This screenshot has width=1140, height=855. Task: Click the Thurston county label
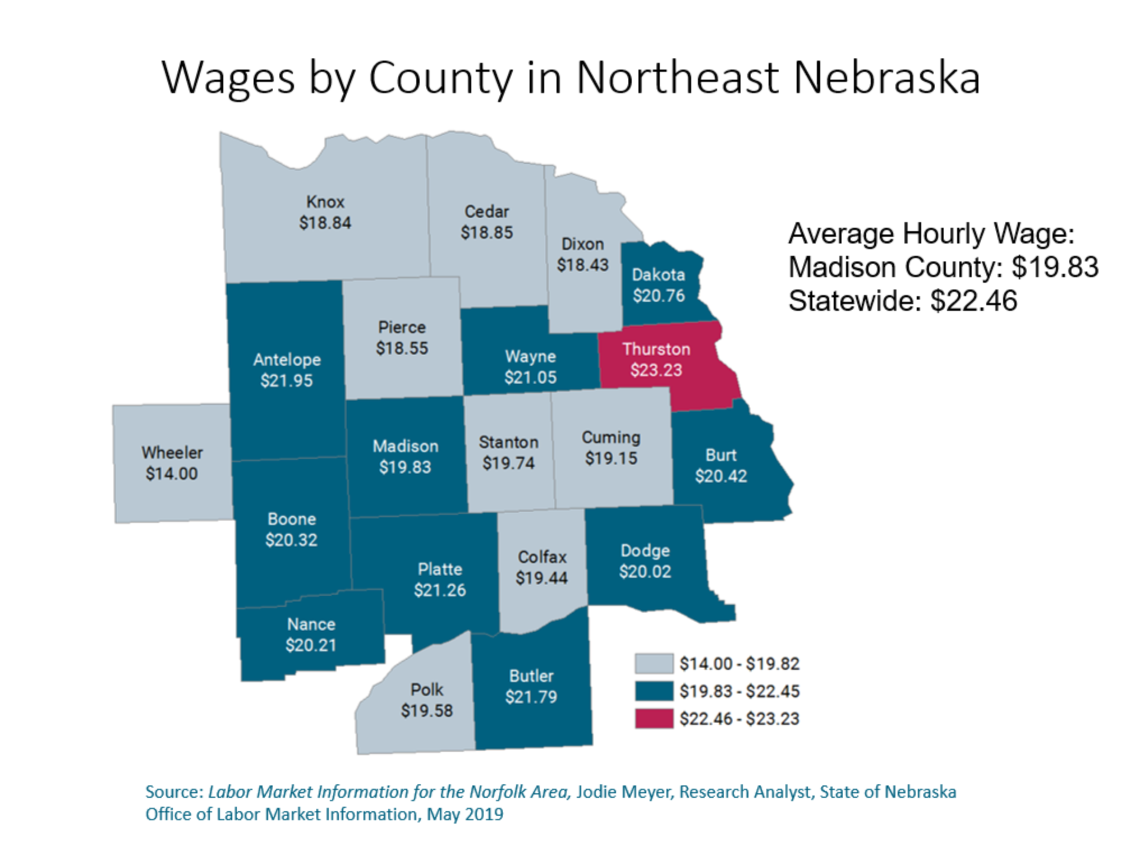click(x=656, y=349)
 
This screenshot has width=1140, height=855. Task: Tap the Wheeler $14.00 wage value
click(x=172, y=474)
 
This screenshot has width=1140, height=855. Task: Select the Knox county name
click(x=325, y=201)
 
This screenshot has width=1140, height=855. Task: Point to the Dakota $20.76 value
click(x=659, y=296)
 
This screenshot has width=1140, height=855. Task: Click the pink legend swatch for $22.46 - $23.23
click(x=654, y=719)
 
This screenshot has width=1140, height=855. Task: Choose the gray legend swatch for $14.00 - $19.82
click(x=654, y=664)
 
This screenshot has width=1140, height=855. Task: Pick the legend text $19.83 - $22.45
click(x=739, y=691)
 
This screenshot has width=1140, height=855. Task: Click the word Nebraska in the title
click(x=886, y=77)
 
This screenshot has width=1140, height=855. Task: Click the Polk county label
click(x=426, y=689)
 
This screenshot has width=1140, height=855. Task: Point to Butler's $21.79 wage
click(x=531, y=697)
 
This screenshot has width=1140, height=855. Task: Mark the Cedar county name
click(x=486, y=212)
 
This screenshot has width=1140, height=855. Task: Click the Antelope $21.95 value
click(x=286, y=381)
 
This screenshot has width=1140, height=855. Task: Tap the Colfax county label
click(x=542, y=557)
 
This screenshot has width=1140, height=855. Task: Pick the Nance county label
click(x=311, y=624)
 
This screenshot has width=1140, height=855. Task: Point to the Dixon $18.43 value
click(x=582, y=265)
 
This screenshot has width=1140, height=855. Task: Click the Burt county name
click(x=720, y=455)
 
